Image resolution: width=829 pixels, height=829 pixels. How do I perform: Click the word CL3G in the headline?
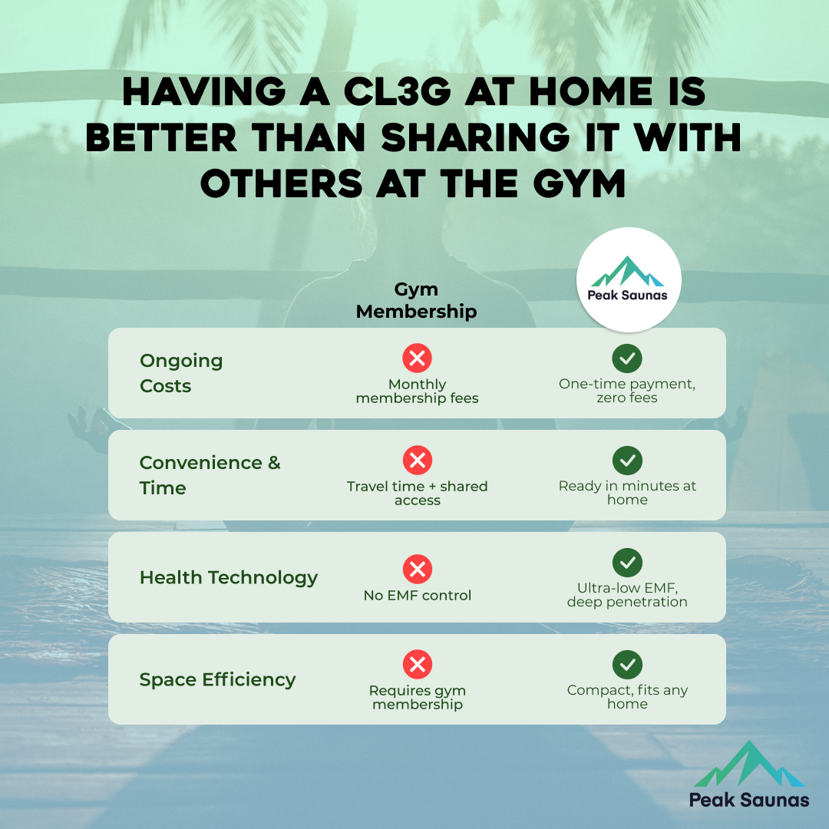pos(397,91)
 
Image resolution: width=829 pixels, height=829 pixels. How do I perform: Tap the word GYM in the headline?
pos(579,184)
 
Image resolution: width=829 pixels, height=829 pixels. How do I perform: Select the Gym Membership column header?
pos(417,300)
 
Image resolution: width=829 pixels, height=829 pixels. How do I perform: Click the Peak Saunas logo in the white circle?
pos(628,279)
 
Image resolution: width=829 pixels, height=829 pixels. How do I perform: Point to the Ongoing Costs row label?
pos(181,373)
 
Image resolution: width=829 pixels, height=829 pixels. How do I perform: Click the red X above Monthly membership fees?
pos(417,358)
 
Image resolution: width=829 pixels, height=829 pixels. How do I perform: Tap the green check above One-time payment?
pos(627,358)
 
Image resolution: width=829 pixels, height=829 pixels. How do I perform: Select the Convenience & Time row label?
pos(210,475)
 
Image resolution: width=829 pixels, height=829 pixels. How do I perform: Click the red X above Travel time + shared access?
pos(417,461)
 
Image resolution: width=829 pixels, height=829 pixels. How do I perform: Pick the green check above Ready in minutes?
pos(627,461)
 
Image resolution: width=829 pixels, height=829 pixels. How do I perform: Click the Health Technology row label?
pos(229,578)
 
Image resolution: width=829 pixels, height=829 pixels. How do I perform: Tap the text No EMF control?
pos(417,596)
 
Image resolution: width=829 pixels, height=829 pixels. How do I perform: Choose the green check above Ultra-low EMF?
pos(627,563)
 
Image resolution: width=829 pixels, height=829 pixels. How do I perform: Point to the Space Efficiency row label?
pos(217,680)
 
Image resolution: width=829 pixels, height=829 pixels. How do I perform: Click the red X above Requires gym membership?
pos(417,665)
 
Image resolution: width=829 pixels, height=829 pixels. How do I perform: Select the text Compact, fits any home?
pos(627,697)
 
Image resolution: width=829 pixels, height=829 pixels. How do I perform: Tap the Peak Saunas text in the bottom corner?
pos(749,800)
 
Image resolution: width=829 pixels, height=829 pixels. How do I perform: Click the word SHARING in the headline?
pos(475,138)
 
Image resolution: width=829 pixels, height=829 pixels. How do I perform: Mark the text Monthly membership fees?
pos(417,391)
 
